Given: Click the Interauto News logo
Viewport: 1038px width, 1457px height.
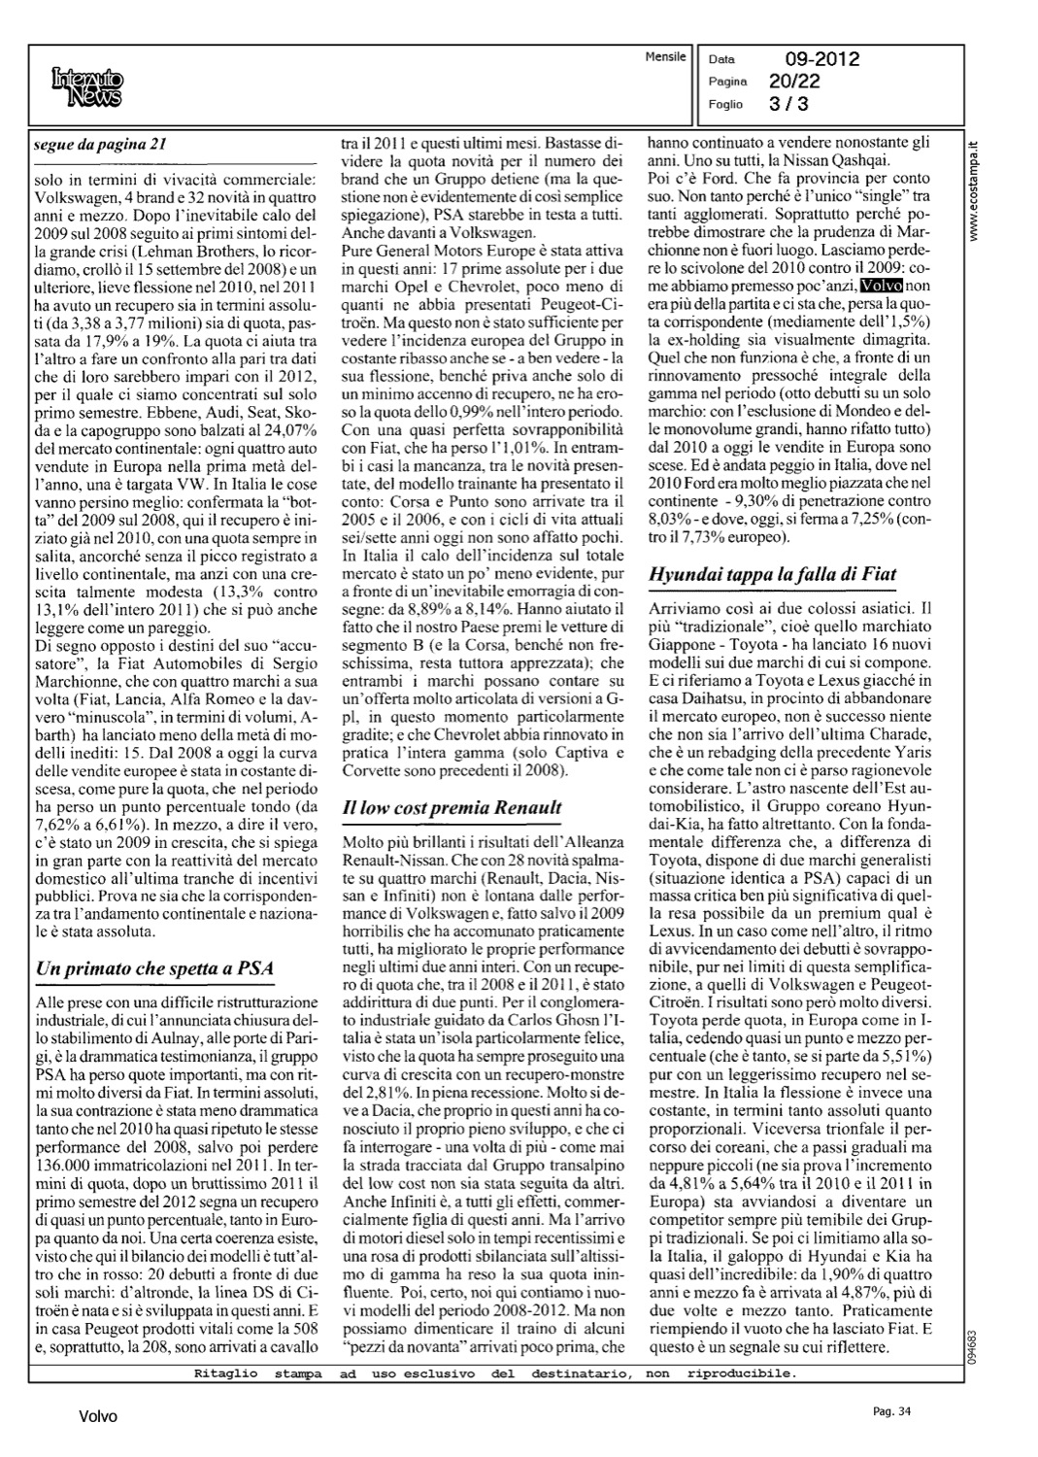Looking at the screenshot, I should coord(87,85).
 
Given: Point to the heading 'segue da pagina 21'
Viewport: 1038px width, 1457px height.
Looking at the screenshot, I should coord(101,145).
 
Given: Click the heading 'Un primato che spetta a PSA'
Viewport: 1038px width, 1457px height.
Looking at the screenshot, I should coord(153,968).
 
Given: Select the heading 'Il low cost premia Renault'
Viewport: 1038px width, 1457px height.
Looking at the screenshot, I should coord(452,807).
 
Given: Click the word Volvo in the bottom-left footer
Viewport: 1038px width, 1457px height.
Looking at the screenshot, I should coord(98,1417).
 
